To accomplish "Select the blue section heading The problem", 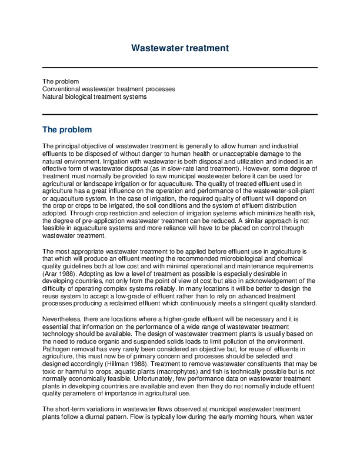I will (67, 129).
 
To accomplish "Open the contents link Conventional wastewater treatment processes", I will (108, 89).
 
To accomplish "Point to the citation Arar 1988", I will (59, 274).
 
